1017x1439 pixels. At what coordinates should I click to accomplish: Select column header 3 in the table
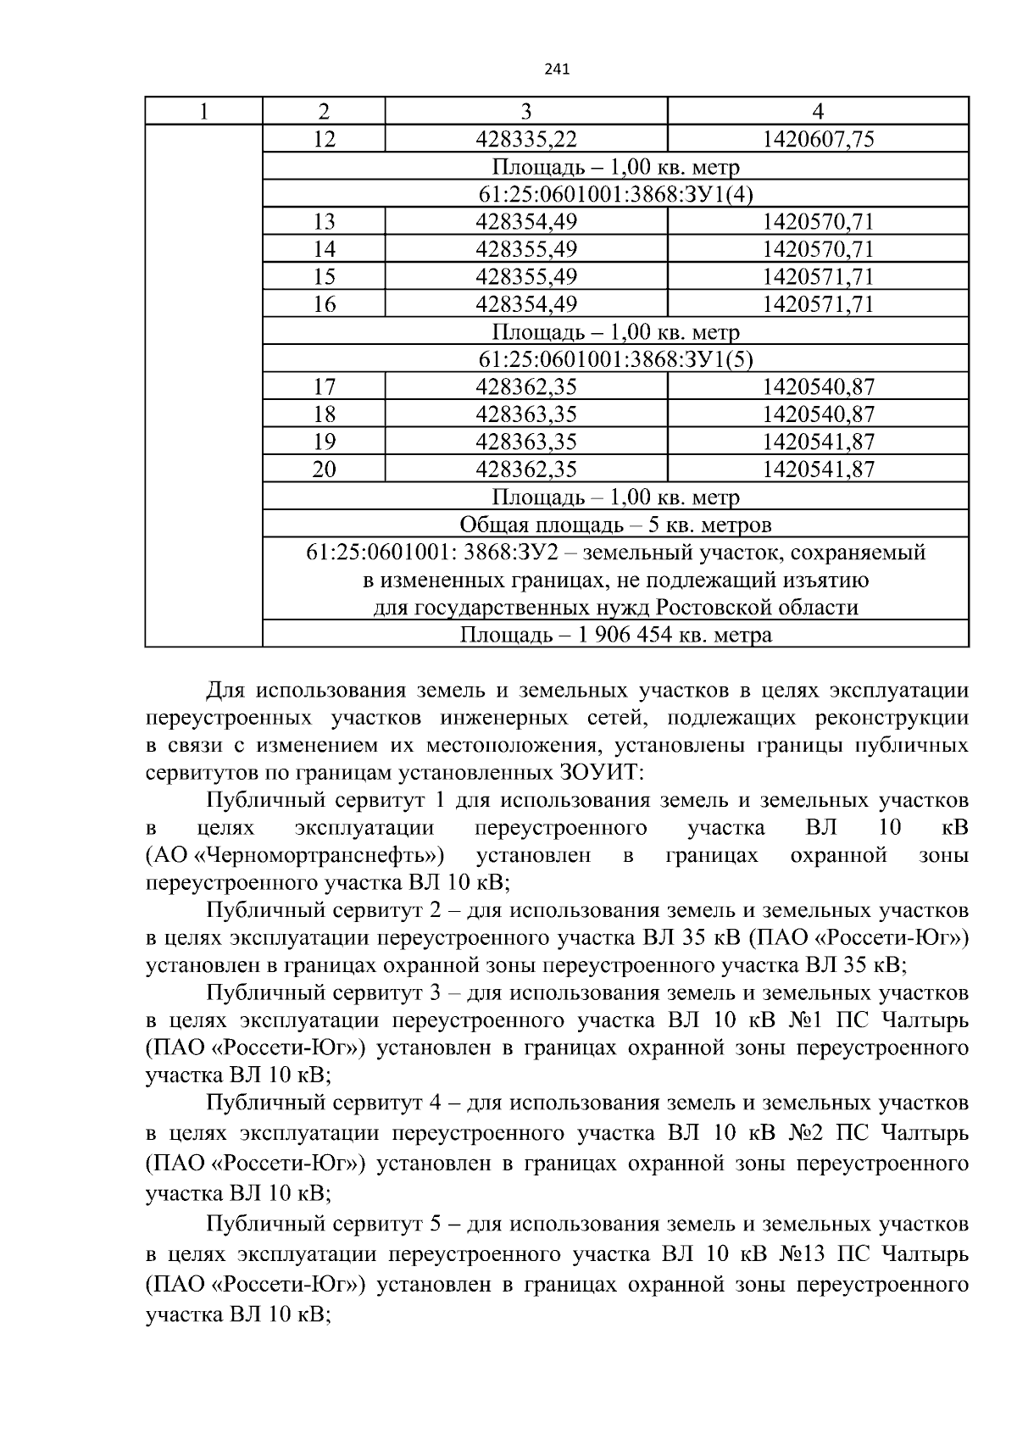[525, 111]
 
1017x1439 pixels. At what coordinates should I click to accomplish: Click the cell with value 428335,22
[525, 139]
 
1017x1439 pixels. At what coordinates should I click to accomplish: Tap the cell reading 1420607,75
[818, 139]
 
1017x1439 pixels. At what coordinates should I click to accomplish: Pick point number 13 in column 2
[324, 222]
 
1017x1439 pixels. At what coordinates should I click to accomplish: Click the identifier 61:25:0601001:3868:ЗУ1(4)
[615, 194]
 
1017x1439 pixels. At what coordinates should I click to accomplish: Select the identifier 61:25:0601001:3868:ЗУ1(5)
[615, 359]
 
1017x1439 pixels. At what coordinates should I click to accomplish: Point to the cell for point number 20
[324, 469]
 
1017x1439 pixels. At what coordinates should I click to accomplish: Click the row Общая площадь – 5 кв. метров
[615, 525]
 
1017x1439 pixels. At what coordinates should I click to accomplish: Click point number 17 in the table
[324, 387]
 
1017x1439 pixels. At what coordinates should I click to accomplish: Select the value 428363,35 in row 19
[525, 442]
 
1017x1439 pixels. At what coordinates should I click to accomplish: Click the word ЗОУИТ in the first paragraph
[600, 773]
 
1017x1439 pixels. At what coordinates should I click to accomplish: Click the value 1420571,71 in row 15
[818, 277]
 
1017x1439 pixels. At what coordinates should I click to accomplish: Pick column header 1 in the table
[203, 111]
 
